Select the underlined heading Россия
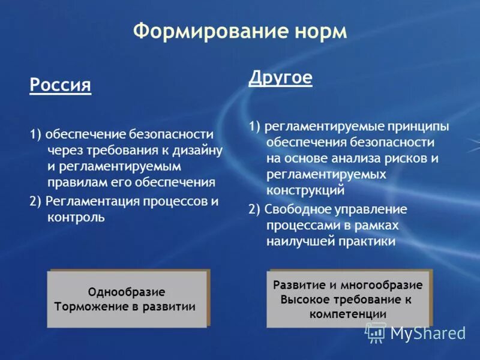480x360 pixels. [60, 85]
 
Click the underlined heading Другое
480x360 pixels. [280, 79]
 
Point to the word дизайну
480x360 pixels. [202, 149]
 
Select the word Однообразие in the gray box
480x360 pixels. [126, 292]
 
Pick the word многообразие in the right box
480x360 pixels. [384, 285]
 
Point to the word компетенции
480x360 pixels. [348, 314]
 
